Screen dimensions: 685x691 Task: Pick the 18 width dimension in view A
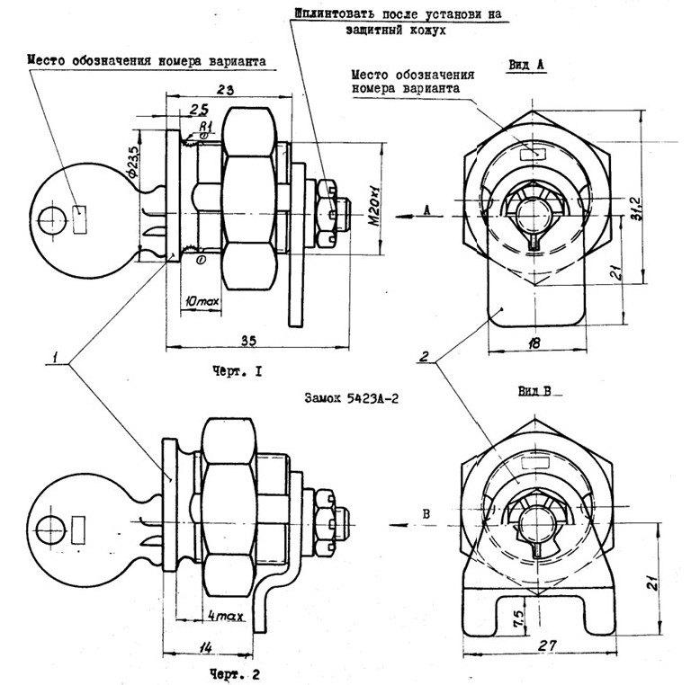[534, 342]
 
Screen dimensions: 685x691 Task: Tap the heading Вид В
[534, 392]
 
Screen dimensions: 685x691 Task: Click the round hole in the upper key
[53, 217]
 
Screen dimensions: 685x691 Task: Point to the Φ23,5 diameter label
[133, 162]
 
